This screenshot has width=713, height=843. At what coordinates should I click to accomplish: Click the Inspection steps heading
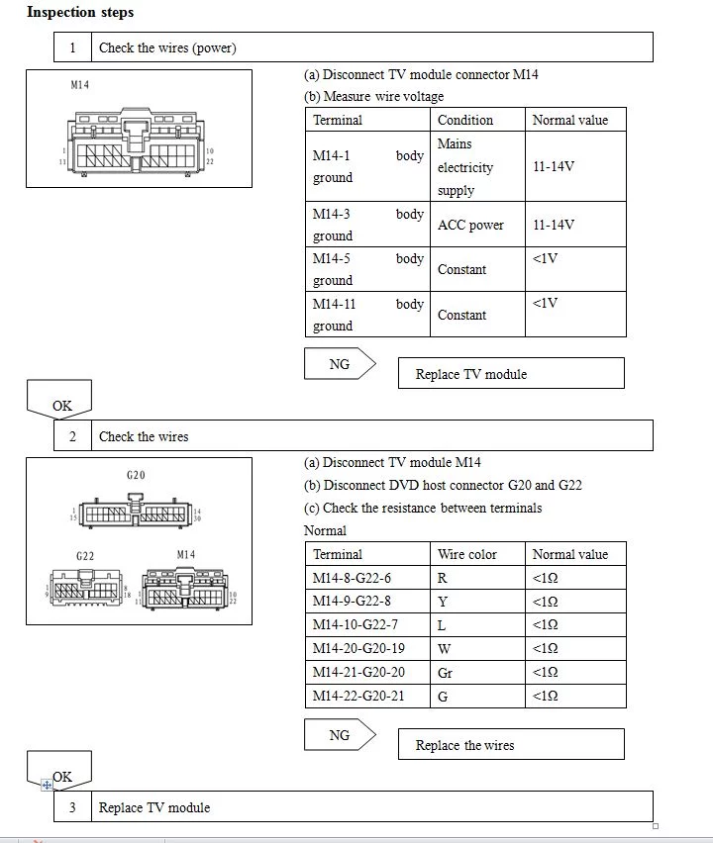click(80, 13)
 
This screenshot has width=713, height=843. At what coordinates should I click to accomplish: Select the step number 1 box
click(72, 47)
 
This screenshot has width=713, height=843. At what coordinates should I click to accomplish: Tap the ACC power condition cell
click(471, 225)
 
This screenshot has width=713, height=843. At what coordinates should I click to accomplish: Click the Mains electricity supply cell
click(465, 167)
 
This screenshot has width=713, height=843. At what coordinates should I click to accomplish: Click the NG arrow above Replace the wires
click(340, 735)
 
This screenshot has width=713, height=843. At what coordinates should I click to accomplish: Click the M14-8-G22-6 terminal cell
click(353, 578)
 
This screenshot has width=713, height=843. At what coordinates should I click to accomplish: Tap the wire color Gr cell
click(446, 673)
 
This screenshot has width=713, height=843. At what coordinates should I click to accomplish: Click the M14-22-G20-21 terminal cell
click(358, 697)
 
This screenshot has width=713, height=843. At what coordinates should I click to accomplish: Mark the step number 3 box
click(72, 807)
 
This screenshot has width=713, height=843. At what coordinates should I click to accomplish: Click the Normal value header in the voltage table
click(570, 120)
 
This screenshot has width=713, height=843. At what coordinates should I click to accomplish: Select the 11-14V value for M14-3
click(554, 225)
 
